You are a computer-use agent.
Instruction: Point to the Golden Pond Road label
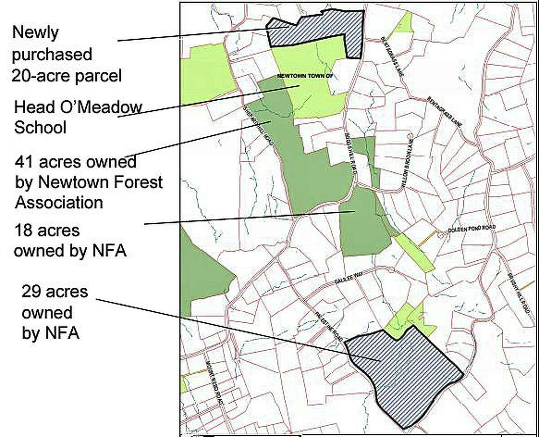pos(472,228)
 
